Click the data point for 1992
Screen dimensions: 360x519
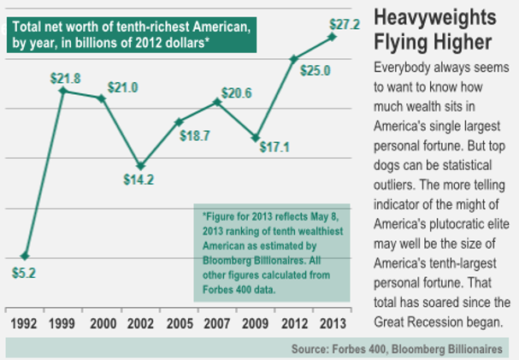tap(26, 256)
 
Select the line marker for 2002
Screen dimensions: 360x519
tap(140, 165)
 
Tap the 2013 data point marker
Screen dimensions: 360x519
tap(332, 37)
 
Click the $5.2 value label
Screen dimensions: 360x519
tap(26, 275)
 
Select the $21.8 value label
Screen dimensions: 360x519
tap(64, 79)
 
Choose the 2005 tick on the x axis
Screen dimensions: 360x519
tap(179, 322)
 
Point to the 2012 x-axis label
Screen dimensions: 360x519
tap(293, 322)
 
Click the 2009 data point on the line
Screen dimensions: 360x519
tap(256, 138)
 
